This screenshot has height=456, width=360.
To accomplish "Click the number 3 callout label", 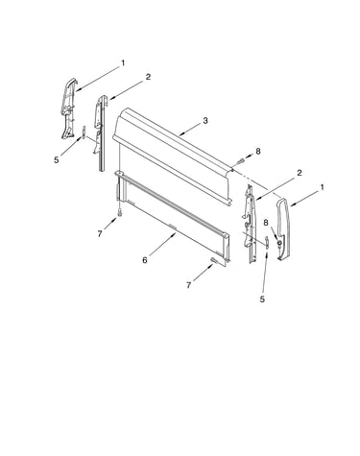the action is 205,121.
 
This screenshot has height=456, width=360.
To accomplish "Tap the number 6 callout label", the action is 145,260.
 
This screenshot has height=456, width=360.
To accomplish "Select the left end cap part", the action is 69,108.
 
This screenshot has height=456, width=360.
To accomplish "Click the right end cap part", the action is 284,228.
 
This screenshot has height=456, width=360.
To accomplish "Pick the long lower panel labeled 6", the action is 173,218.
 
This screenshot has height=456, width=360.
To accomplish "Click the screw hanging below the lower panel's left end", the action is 119,212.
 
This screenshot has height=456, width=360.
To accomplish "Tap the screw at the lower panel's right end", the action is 213,260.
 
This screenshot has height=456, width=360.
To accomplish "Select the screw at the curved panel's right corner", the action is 241,159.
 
